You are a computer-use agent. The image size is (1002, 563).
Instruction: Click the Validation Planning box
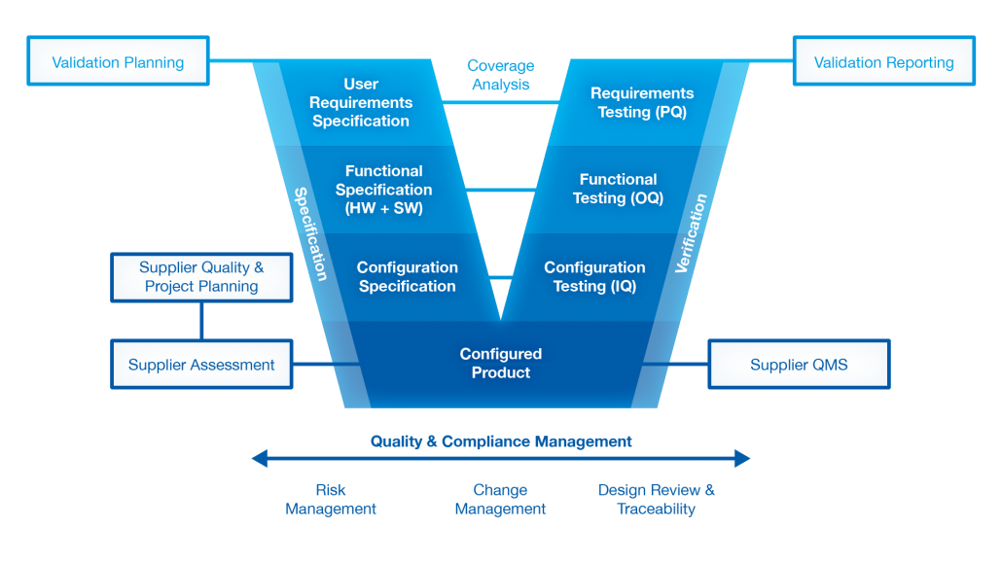(x=118, y=62)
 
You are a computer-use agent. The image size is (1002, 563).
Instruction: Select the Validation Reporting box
(x=883, y=62)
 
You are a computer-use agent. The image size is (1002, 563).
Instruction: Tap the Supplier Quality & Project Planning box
(x=201, y=276)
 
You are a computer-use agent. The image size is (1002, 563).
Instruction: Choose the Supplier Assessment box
(x=201, y=365)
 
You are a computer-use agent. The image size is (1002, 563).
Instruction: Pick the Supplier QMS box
(x=799, y=365)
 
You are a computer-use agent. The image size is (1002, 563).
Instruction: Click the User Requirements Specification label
(x=361, y=102)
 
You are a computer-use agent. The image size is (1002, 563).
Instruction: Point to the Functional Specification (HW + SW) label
(x=383, y=190)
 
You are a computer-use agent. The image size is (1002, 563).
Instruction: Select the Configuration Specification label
(x=407, y=276)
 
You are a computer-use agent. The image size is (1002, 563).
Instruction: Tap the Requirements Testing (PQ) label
(x=642, y=102)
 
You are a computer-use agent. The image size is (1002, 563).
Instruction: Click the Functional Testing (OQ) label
(x=618, y=189)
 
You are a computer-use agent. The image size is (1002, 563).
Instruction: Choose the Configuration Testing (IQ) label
(x=594, y=276)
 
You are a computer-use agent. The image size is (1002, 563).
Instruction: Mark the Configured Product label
(x=501, y=363)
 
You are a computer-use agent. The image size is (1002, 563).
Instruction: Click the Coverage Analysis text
(x=501, y=75)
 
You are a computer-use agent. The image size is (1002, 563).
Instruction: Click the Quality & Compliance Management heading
(x=501, y=441)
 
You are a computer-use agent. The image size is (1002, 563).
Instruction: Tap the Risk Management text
(x=331, y=499)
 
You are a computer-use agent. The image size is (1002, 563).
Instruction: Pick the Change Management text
(x=500, y=499)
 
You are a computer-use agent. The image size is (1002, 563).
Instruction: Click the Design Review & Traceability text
(x=656, y=499)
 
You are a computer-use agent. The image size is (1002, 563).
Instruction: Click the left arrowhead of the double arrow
(x=259, y=458)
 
